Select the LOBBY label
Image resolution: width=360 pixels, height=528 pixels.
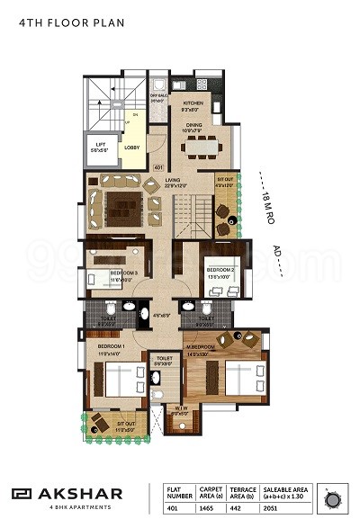tap(131, 146)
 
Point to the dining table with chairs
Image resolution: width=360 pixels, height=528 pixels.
tap(204, 145)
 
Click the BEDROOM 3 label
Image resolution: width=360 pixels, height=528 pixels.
tap(124, 273)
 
